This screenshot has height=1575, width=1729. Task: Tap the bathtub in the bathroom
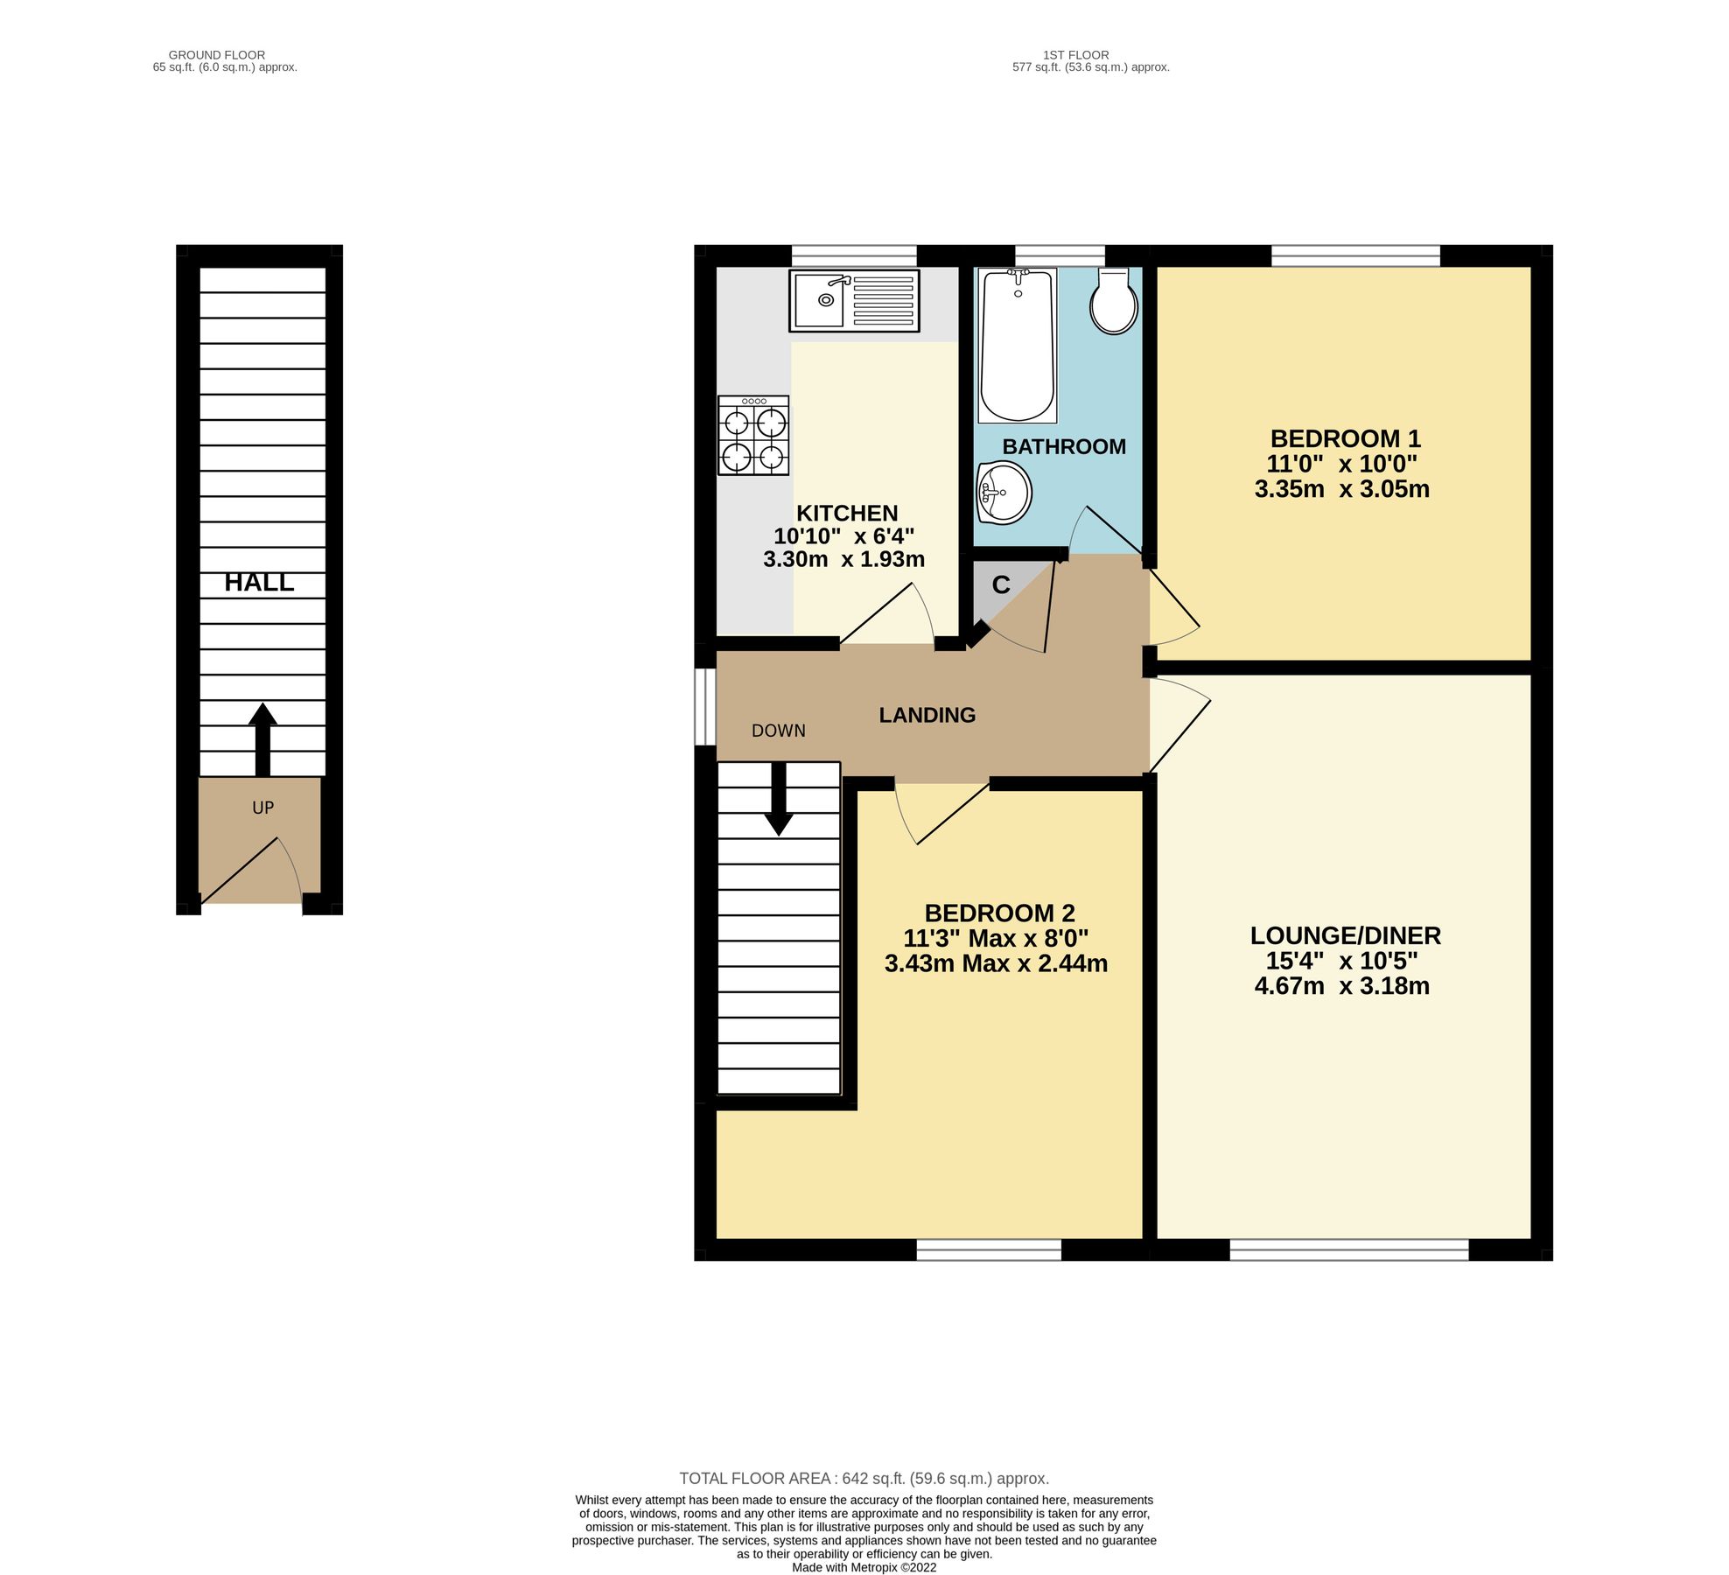[x=1017, y=346]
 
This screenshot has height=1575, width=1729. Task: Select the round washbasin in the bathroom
[x=1004, y=493]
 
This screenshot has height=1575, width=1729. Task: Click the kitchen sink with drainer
[x=853, y=301]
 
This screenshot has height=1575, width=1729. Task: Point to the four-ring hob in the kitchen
[x=752, y=436]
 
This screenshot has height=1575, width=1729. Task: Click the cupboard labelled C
[x=1000, y=585]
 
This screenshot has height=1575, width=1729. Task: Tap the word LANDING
[x=927, y=716]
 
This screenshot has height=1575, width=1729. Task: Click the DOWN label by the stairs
[x=778, y=731]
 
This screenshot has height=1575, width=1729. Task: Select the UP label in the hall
[x=262, y=808]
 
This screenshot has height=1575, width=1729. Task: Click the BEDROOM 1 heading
[x=1344, y=438]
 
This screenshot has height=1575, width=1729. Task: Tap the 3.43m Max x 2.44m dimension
[x=995, y=964]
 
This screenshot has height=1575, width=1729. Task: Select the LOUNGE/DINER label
[x=1345, y=935]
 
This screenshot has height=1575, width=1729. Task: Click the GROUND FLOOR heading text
[x=216, y=55]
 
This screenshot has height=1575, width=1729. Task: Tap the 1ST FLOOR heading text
[x=1075, y=55]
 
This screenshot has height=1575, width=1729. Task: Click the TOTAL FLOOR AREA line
[x=864, y=1479]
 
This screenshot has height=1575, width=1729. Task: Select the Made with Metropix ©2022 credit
[x=864, y=1567]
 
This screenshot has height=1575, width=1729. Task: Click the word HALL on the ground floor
[x=259, y=583]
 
